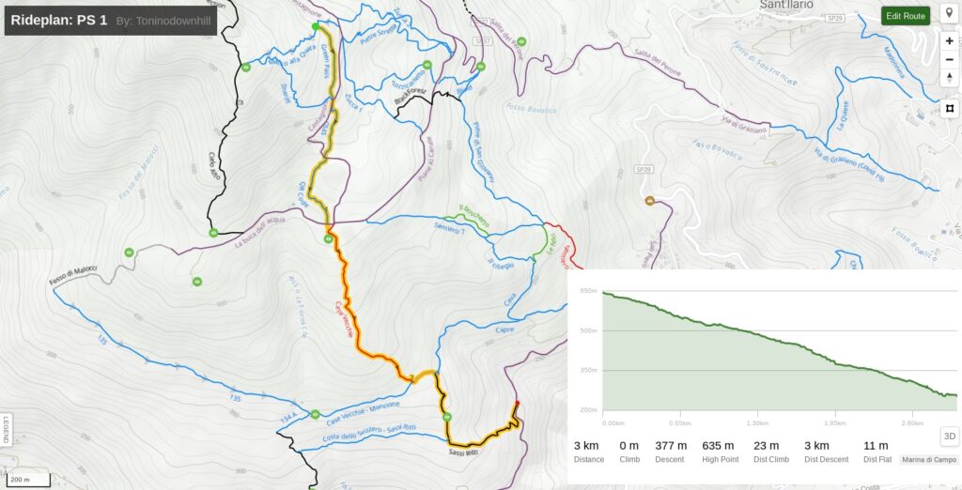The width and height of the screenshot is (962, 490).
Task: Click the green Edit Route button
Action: (x=906, y=16)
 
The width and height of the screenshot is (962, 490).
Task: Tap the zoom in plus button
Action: (x=950, y=41)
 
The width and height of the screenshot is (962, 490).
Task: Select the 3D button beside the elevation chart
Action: (x=949, y=436)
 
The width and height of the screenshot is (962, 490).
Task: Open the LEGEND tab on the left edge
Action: (x=6, y=429)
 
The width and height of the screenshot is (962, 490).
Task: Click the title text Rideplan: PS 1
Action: (x=58, y=20)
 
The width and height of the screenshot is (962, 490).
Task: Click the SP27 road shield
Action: (x=483, y=41)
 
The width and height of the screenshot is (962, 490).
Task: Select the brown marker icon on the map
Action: (x=648, y=200)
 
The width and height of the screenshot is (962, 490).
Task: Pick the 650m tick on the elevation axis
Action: (x=589, y=291)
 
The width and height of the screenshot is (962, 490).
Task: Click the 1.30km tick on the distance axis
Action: (x=758, y=423)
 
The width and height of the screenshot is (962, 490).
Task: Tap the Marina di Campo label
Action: (x=928, y=460)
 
